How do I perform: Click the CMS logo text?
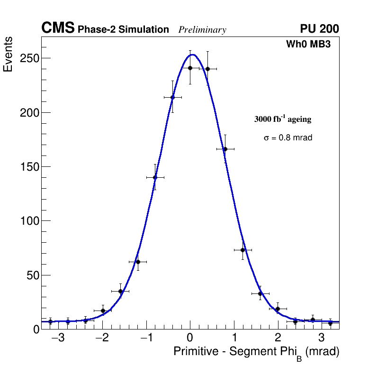pyautogui.click(x=58, y=28)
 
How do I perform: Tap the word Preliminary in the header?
pyautogui.click(x=202, y=30)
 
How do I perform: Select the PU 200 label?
pyautogui.click(x=319, y=29)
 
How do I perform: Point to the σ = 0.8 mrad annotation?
pyautogui.click(x=288, y=138)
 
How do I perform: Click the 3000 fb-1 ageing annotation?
pyautogui.click(x=283, y=119)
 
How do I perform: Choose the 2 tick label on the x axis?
pyautogui.click(x=278, y=338)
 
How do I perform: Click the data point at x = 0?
pyautogui.click(x=190, y=68)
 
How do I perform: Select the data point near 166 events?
pyautogui.click(x=225, y=149)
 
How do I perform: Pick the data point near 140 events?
pyautogui.click(x=155, y=177)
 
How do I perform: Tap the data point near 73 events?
pyautogui.click(x=242, y=250)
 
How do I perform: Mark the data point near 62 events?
pyautogui.click(x=137, y=262)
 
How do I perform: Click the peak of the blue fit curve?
pyautogui.click(x=192, y=55)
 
